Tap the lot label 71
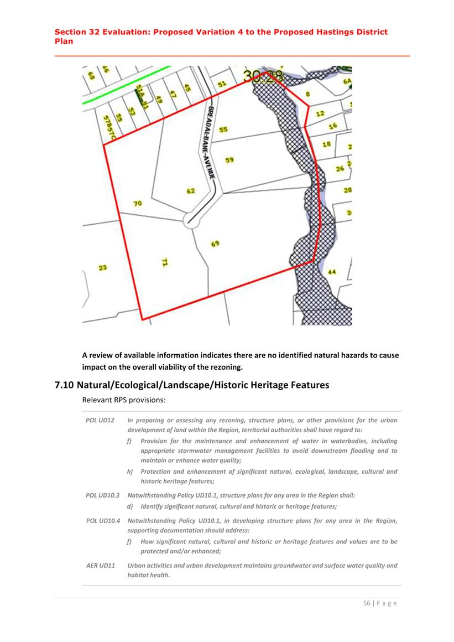point(164,262)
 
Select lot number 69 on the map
point(215,244)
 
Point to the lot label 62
point(190,191)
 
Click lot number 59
point(229,159)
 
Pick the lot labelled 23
point(103,268)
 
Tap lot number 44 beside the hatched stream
point(332,272)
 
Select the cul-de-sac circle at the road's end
point(191,220)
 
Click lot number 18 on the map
point(326,144)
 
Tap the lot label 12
point(320,113)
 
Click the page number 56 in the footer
point(367,603)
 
